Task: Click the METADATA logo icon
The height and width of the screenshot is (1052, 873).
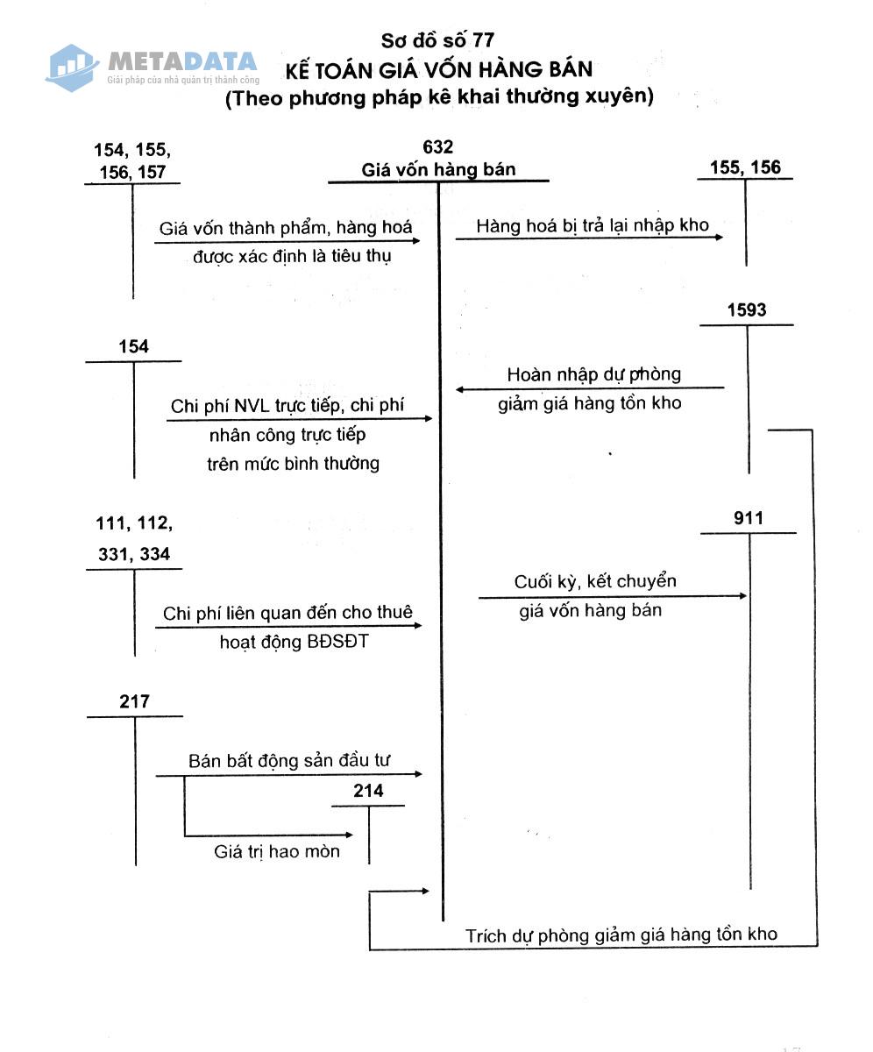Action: click(x=73, y=67)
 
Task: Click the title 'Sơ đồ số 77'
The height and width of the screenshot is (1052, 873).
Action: click(x=437, y=40)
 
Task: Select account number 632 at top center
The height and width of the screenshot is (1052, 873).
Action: click(x=437, y=146)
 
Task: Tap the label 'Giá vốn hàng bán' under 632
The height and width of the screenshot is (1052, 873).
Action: click(x=438, y=169)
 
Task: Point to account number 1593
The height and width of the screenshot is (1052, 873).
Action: click(x=746, y=309)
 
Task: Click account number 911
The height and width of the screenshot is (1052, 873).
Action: click(x=748, y=518)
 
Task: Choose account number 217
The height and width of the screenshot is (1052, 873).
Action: click(x=134, y=701)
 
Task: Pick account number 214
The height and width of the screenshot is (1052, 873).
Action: click(x=368, y=791)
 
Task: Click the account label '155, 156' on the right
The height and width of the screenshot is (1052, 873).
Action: click(x=745, y=167)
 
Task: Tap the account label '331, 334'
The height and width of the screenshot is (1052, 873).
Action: click(x=134, y=554)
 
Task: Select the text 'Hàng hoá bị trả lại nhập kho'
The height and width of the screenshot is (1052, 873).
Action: click(x=592, y=225)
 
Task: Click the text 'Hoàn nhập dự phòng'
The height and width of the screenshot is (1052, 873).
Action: click(x=593, y=374)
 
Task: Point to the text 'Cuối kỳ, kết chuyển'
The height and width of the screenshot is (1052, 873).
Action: click(x=594, y=581)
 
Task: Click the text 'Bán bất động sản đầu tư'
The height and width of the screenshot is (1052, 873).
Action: click(x=288, y=761)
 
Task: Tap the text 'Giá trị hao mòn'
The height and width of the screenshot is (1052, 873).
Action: click(x=277, y=851)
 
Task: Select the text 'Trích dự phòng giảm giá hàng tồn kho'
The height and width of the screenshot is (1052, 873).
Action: click(x=621, y=935)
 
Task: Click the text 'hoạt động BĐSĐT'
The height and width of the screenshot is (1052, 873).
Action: click(x=295, y=642)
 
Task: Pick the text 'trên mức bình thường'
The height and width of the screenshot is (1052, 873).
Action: click(x=293, y=464)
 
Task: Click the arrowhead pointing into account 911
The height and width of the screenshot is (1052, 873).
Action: click(x=743, y=596)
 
